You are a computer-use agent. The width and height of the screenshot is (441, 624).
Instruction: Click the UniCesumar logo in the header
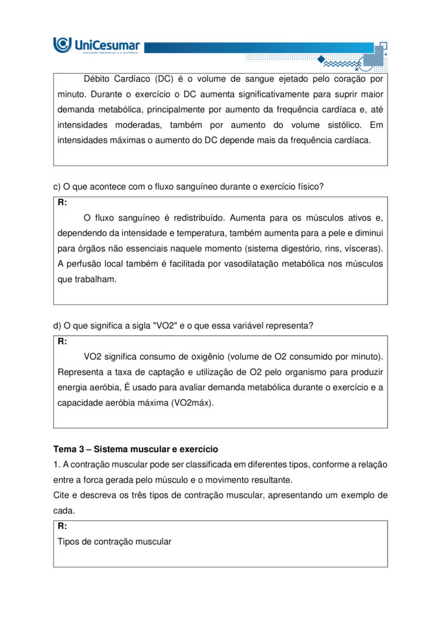pos(96,45)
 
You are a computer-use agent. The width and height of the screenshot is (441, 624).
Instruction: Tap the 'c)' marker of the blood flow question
pos(58,187)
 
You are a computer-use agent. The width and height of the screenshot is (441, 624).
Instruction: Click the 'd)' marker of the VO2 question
pos(58,326)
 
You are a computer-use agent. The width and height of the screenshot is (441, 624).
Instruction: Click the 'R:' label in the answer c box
pos(63,202)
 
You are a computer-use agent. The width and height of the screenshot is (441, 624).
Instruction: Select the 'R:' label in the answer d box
pos(63,341)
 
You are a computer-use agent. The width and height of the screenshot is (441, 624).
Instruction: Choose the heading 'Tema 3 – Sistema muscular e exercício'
pos(135,449)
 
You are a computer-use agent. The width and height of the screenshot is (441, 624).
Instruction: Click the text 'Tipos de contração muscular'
pos(115,542)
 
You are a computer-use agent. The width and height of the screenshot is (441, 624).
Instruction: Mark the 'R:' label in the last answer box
pos(63,526)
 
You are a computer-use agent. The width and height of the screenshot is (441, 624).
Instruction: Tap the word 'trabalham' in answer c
pos(96,280)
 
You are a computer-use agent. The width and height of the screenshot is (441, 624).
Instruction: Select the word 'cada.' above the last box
pos(63,511)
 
